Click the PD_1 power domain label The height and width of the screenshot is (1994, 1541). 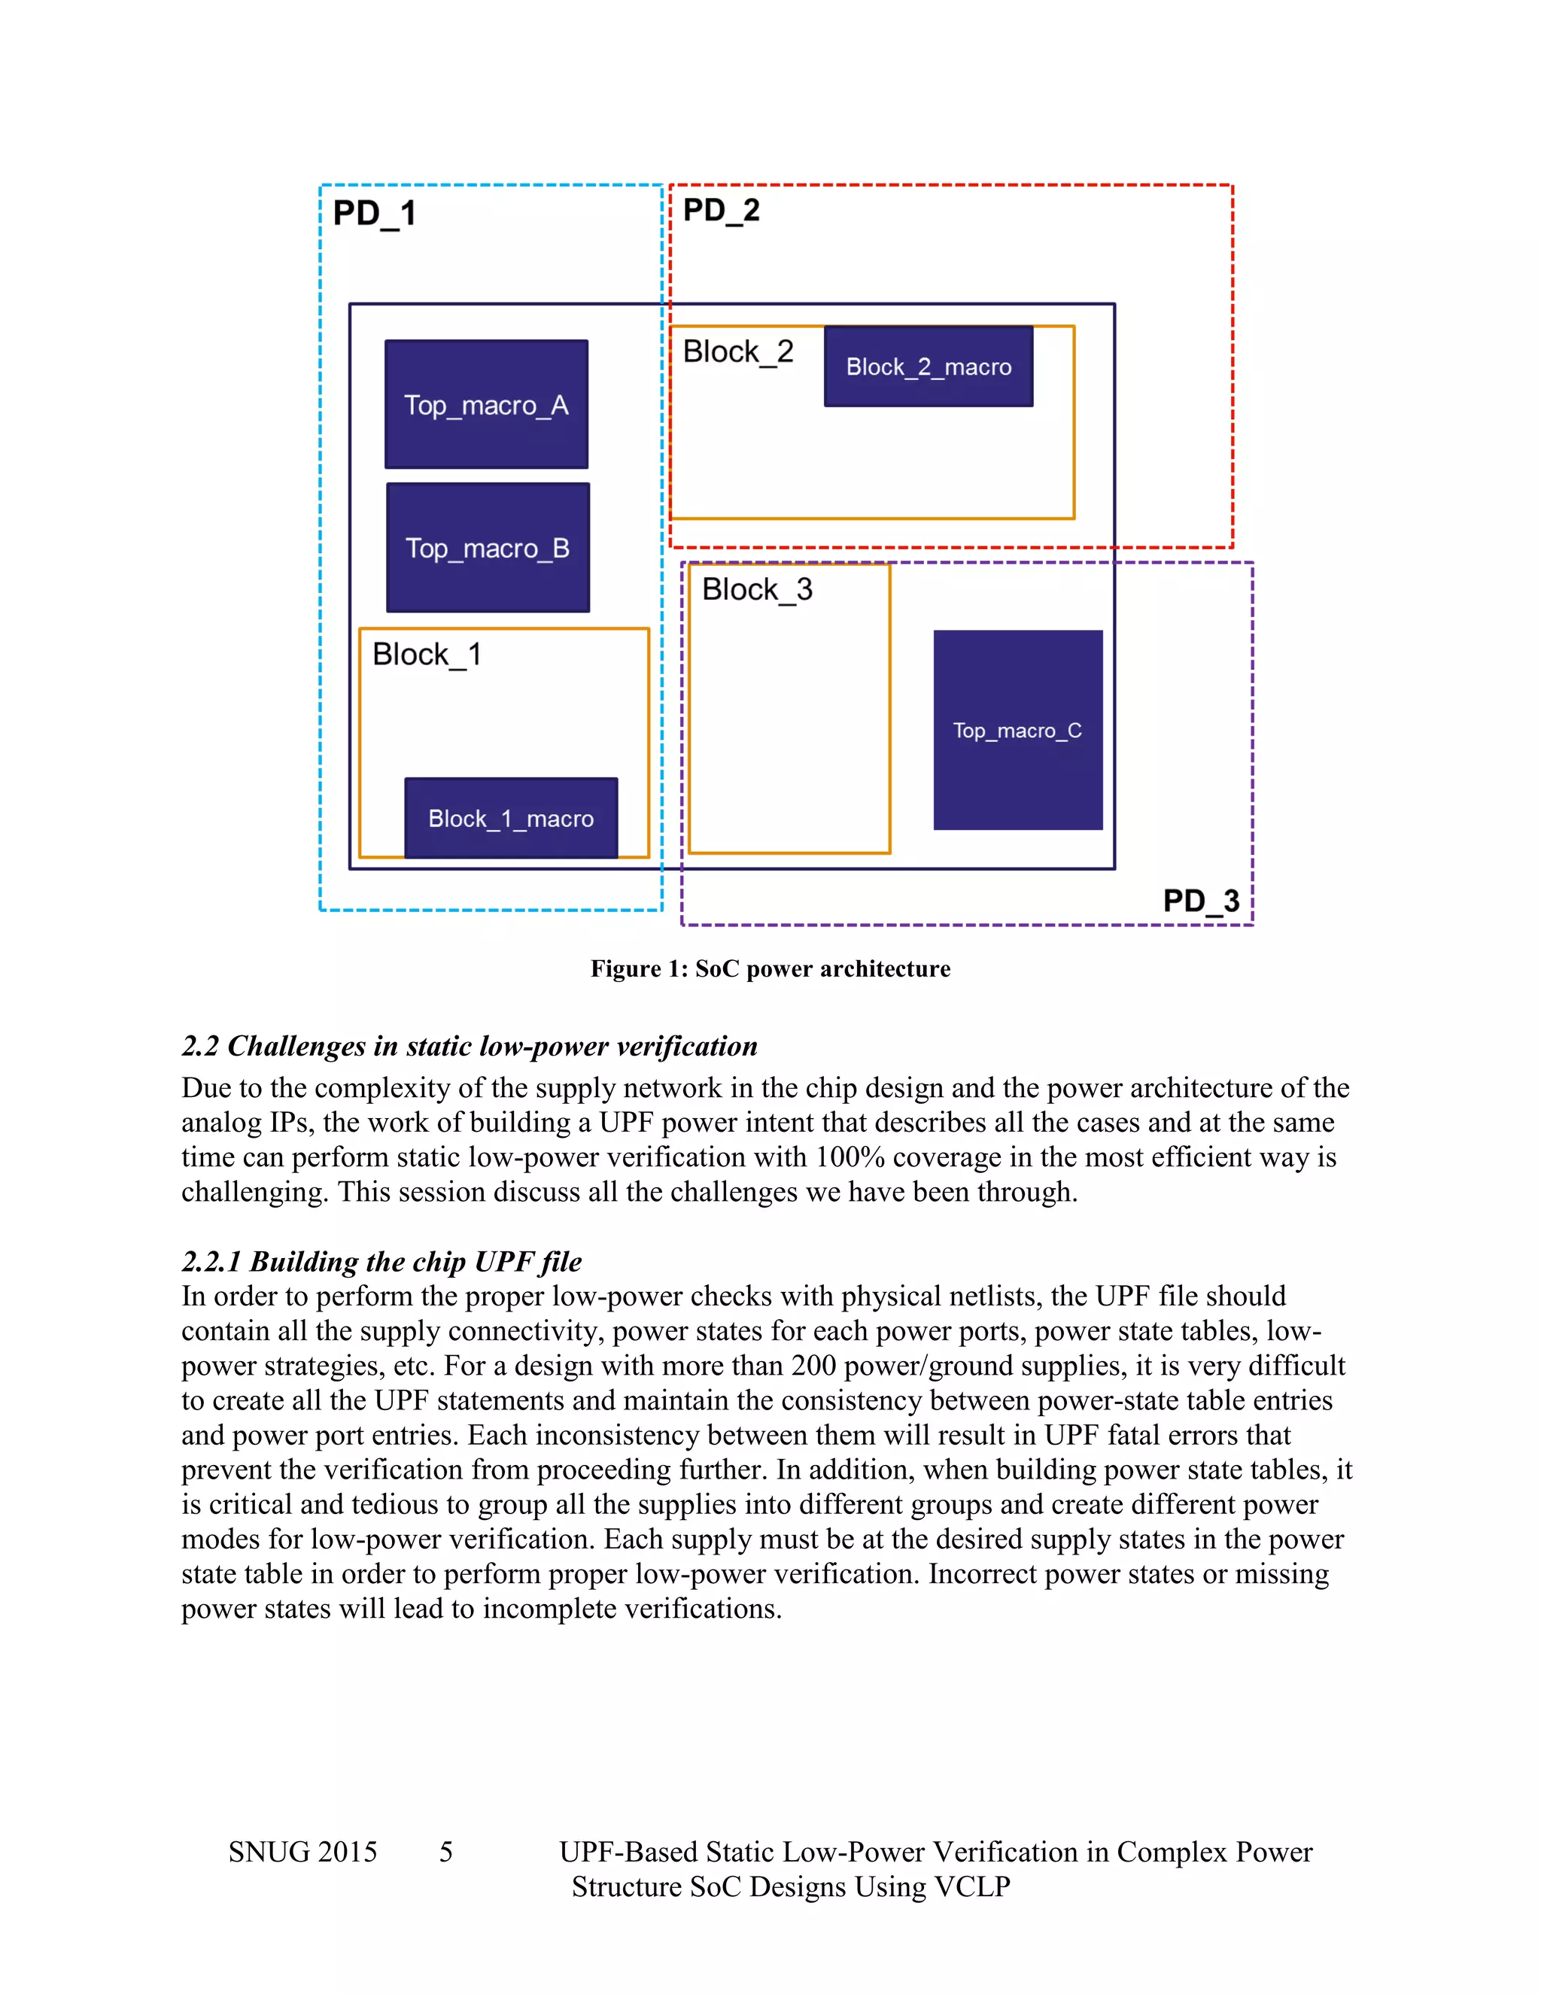tap(374, 214)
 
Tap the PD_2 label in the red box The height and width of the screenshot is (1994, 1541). tap(721, 211)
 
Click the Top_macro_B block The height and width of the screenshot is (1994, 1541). tap(488, 548)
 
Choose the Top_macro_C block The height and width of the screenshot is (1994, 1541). tap(1017, 731)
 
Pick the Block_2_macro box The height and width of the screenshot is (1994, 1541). tap(929, 367)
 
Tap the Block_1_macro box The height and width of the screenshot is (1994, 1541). tap(510, 818)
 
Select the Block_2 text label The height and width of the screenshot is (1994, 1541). tap(737, 351)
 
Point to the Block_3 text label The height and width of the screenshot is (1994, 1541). tap(757, 590)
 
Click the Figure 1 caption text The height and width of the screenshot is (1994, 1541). tap(770, 968)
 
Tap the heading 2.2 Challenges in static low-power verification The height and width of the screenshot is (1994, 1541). tap(470, 1047)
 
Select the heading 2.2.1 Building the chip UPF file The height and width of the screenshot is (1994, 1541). tap(381, 1262)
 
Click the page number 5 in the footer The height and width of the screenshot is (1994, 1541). tap(445, 1852)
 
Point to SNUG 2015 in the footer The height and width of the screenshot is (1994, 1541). tap(302, 1852)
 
